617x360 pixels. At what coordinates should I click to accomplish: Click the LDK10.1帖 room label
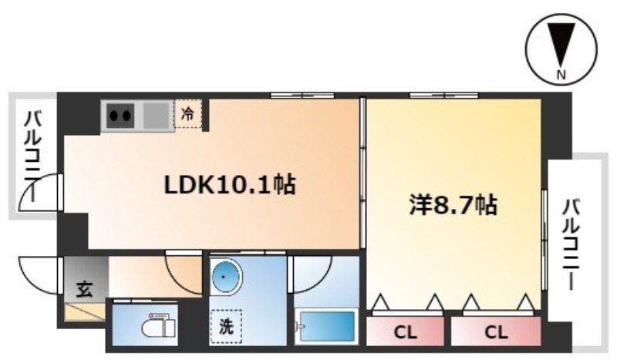click(x=230, y=184)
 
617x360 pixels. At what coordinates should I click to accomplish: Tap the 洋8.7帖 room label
click(x=453, y=204)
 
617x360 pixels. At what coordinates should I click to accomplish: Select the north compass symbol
click(x=561, y=49)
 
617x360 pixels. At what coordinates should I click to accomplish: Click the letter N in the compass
click(x=561, y=74)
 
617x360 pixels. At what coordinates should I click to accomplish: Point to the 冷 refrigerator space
click(x=188, y=114)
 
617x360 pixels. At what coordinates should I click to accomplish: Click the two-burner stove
click(x=120, y=116)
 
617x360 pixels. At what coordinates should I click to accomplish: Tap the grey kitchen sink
click(x=157, y=116)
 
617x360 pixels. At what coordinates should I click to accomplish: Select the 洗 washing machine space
click(x=226, y=326)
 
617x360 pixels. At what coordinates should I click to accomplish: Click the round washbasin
click(x=224, y=276)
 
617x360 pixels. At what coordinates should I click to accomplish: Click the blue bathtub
click(x=327, y=326)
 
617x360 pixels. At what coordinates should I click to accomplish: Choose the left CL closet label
click(x=406, y=333)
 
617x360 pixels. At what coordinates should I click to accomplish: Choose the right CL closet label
click(x=496, y=333)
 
